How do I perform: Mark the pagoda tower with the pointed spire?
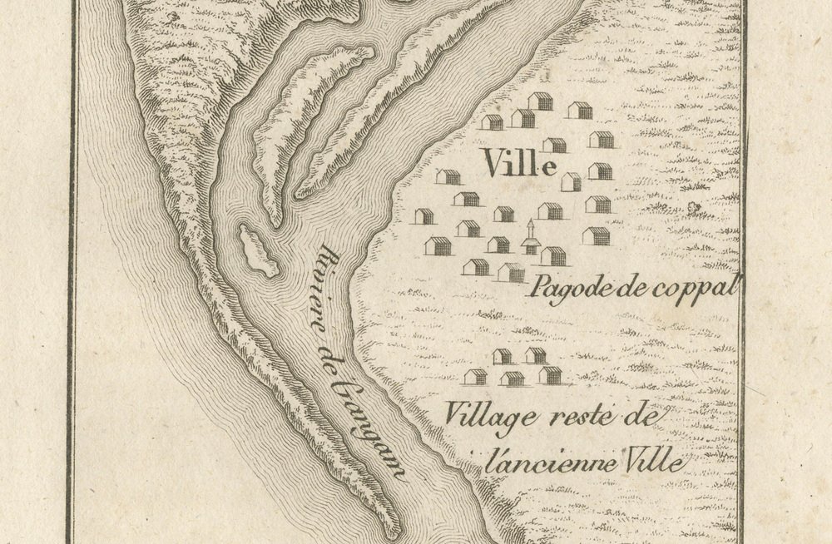pos(531,240)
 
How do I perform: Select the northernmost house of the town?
pos(541,101)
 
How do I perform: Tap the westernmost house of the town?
pos(424,216)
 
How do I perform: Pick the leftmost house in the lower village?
pos(475,377)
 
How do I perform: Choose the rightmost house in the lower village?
pos(550,375)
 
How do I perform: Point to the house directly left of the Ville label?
pos(448,176)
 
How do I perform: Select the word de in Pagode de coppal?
pos(626,289)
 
